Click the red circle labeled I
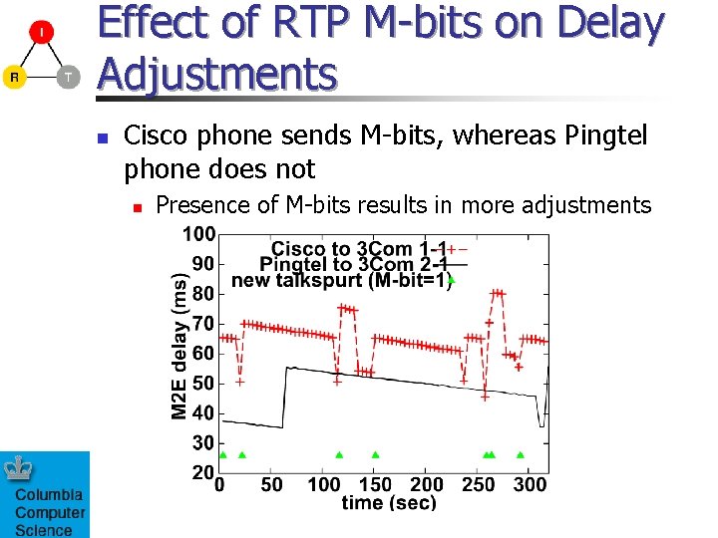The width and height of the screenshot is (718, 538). (x=41, y=34)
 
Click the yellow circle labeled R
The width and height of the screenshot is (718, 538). (x=14, y=77)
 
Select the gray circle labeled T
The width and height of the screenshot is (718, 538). (x=67, y=77)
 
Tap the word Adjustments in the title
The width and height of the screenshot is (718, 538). (x=217, y=74)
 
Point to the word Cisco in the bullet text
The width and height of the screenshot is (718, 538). (x=155, y=135)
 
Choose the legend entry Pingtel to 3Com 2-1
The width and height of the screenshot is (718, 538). (x=355, y=264)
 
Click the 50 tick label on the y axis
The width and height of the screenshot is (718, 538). (x=202, y=384)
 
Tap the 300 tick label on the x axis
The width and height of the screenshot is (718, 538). (x=529, y=484)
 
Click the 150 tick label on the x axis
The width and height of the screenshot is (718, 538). (x=375, y=484)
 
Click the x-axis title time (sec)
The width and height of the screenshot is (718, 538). (x=389, y=503)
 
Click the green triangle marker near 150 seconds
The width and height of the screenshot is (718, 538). (x=375, y=454)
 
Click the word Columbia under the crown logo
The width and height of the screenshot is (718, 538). (x=49, y=495)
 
